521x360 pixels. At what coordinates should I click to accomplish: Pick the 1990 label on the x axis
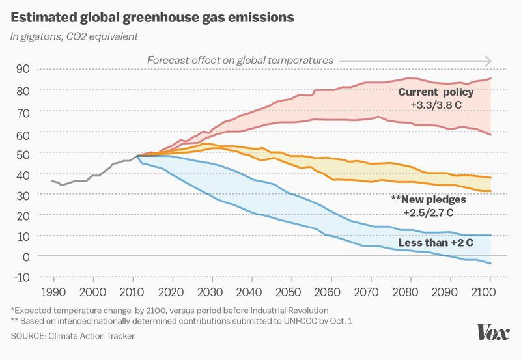click(53, 291)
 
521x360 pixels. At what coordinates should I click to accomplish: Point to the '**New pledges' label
click(429, 200)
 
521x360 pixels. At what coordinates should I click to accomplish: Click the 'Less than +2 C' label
click(436, 244)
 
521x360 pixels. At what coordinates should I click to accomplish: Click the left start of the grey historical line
click(52, 181)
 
